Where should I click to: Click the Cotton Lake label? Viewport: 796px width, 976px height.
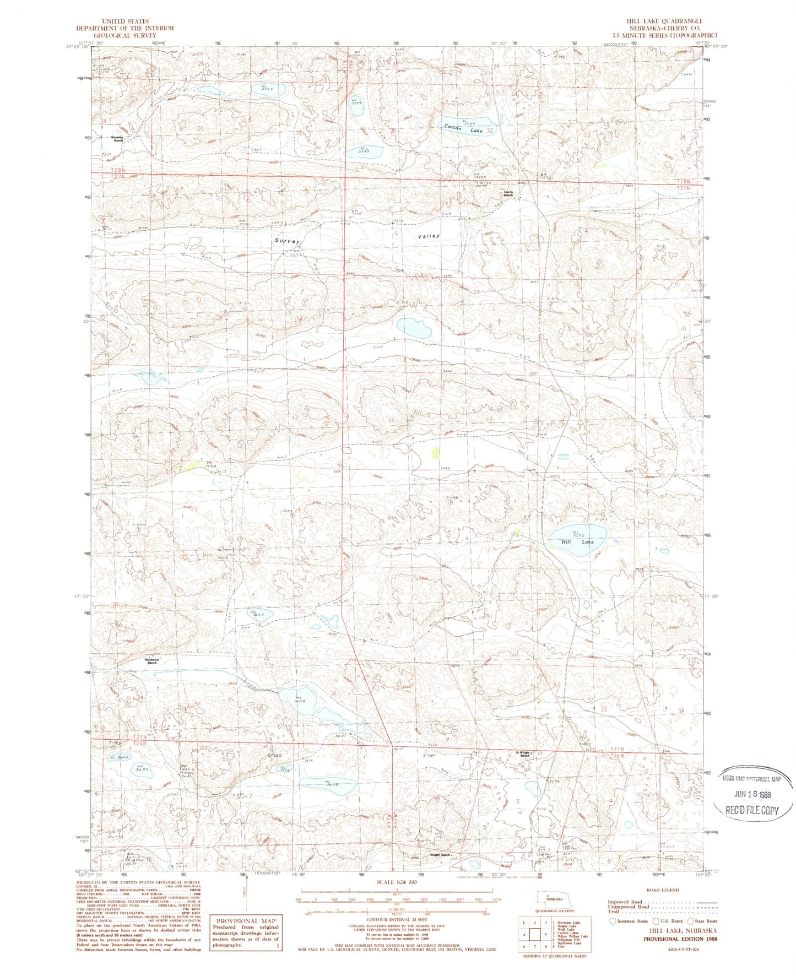click(463, 128)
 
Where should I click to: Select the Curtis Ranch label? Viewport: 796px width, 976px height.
click(508, 193)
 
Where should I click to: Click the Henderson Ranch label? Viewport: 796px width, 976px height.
click(151, 661)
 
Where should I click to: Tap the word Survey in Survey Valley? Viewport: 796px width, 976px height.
click(287, 241)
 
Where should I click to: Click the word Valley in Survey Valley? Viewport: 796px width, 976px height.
click(429, 236)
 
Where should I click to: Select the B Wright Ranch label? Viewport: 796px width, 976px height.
click(522, 755)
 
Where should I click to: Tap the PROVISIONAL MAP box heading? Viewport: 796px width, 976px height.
click(245, 920)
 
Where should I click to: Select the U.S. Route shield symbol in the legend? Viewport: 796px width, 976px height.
click(656, 921)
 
